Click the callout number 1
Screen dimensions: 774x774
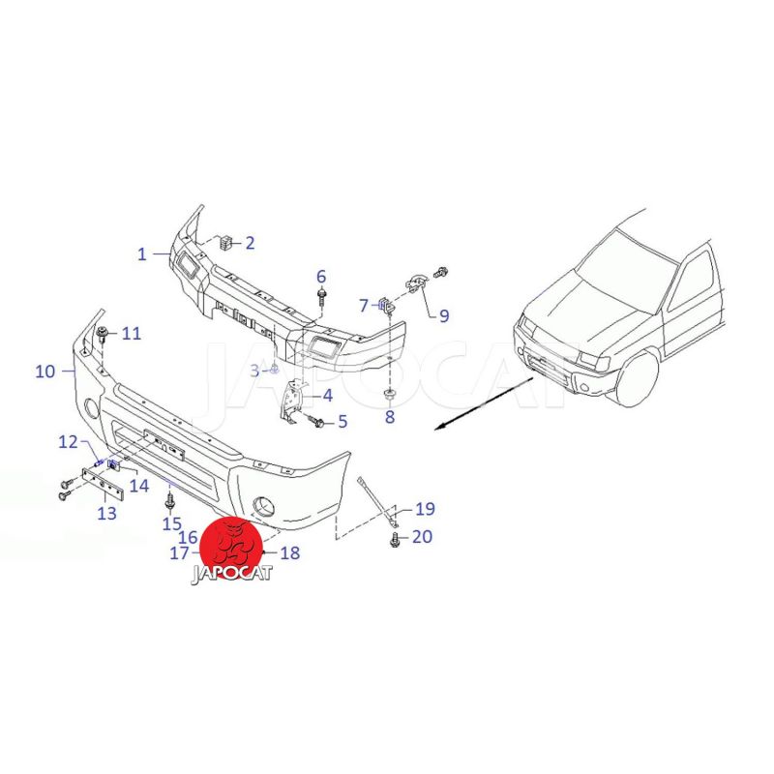pyautogui.click(x=142, y=254)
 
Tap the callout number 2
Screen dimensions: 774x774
pyautogui.click(x=250, y=243)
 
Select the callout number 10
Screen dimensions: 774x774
pyautogui.click(x=45, y=372)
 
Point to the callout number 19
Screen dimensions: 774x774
pyautogui.click(x=425, y=508)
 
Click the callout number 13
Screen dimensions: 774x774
pyautogui.click(x=107, y=514)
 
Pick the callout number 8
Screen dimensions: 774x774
pyautogui.click(x=390, y=417)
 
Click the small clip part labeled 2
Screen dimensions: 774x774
pyautogui.click(x=225, y=243)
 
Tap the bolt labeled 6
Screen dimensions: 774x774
pyautogui.click(x=322, y=298)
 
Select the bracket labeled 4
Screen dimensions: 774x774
pyautogui.click(x=292, y=400)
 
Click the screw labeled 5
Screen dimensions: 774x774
pyautogui.click(x=316, y=422)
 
